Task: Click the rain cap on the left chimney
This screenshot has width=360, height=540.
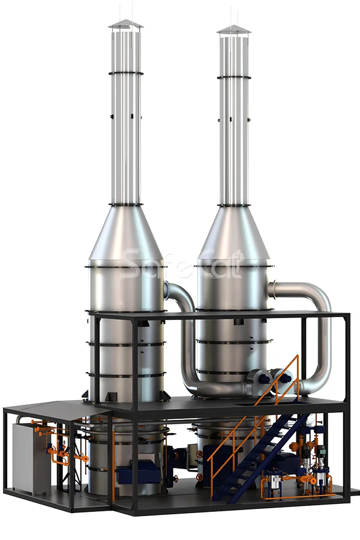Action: [126, 25]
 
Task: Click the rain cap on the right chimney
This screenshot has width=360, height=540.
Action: [234, 30]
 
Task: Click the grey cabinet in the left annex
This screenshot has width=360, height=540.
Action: [31, 458]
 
